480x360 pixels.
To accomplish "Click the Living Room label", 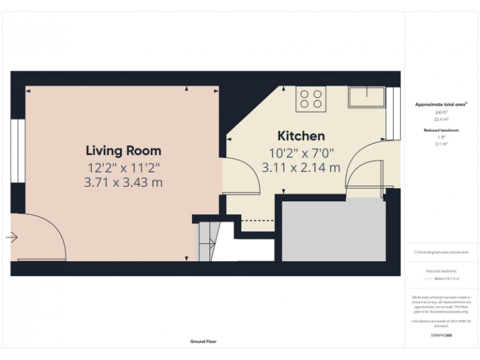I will (x=123, y=151).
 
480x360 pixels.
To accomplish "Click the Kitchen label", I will (x=301, y=136).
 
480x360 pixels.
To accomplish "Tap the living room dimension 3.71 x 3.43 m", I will (x=123, y=182).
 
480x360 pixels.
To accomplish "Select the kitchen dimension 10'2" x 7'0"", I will (x=302, y=152).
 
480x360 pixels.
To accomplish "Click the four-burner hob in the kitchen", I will (x=311, y=99).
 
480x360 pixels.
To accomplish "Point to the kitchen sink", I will (x=366, y=97).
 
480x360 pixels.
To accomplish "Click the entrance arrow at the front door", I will (x=12, y=237).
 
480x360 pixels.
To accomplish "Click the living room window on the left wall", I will (x=18, y=151).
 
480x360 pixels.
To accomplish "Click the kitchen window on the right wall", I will (x=393, y=113).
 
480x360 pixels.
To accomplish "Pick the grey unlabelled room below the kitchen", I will (x=334, y=231).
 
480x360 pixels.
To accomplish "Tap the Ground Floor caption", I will (x=203, y=342).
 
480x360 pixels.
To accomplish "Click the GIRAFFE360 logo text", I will (x=441, y=336).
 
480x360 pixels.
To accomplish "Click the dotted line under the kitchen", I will (x=257, y=220).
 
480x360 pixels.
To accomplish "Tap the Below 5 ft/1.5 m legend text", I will (x=446, y=279).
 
